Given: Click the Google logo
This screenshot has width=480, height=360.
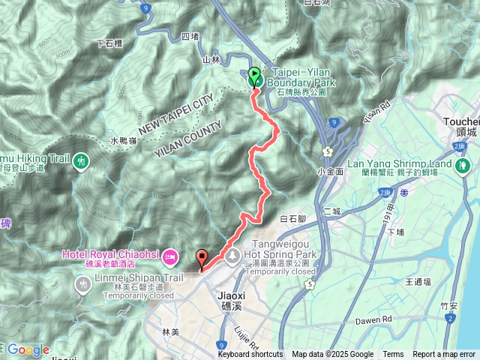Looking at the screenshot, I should click(x=28, y=349).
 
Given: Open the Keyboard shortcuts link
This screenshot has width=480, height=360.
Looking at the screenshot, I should click(x=250, y=355).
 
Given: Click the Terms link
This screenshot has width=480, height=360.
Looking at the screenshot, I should click(x=393, y=355).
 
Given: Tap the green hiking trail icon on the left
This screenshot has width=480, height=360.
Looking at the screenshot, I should click(x=80, y=160).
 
